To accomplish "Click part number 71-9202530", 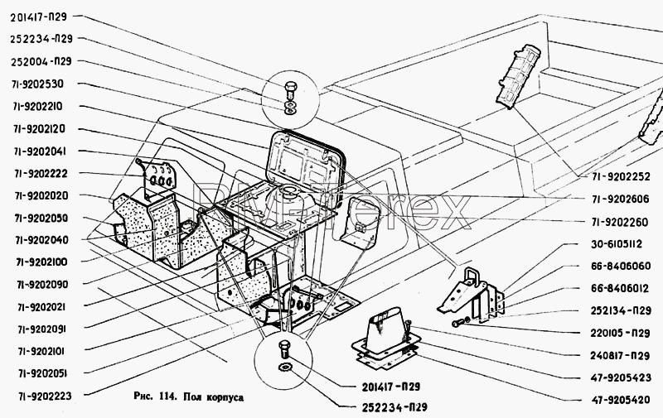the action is (37, 84).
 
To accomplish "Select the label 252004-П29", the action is (41, 61).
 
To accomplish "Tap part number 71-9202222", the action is (41, 174).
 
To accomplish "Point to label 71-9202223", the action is (45, 396).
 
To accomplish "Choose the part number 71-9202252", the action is (621, 176).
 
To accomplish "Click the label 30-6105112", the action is (616, 244).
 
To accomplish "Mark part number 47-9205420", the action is (620, 400).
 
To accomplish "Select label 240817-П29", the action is (620, 356).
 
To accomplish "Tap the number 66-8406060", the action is (620, 266).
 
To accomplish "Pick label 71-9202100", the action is (41, 262).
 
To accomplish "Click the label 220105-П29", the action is (620, 333).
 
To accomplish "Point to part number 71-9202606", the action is (620, 199).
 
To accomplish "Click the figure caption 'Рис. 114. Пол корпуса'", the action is (188, 396).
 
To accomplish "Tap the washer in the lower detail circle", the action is (285, 367).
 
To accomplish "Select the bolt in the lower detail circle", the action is (284, 349).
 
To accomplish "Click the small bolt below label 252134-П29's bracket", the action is (458, 324).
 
